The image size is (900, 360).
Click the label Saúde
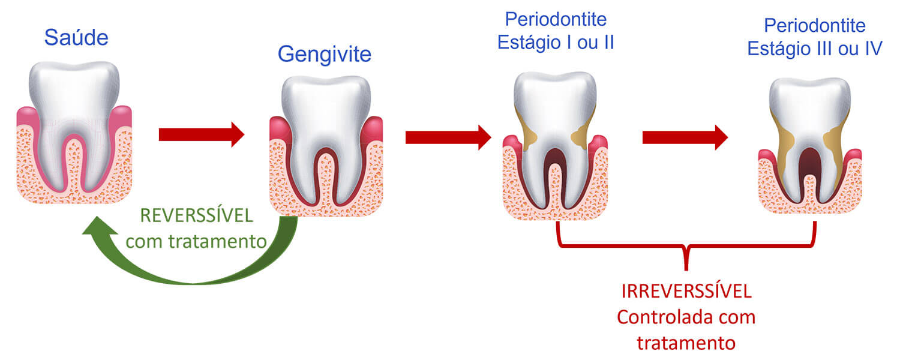pos(76,38)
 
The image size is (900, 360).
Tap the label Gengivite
pos(324,55)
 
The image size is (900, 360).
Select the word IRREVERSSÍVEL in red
pos(686,292)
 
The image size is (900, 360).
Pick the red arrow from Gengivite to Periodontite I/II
pos(448,137)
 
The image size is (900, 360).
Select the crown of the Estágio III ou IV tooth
pos(809,105)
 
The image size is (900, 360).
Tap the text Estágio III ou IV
pos(814,48)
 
